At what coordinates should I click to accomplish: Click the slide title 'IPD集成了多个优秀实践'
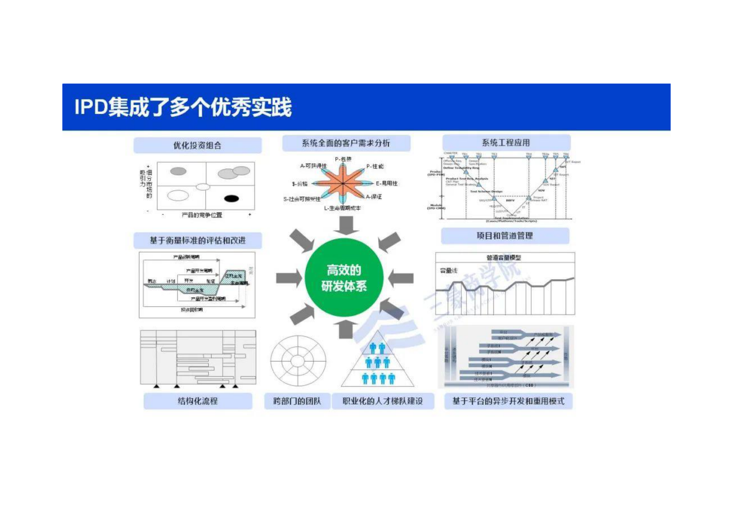click(x=183, y=107)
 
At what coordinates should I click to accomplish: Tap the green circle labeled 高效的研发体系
click(x=344, y=278)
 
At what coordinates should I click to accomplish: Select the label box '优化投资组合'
click(x=197, y=145)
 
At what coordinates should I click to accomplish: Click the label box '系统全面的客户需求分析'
click(x=346, y=143)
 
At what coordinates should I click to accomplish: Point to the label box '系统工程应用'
click(x=506, y=143)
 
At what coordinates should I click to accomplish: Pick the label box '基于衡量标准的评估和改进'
click(x=197, y=241)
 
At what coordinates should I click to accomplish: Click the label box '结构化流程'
click(x=198, y=401)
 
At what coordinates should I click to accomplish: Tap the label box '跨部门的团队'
click(x=297, y=401)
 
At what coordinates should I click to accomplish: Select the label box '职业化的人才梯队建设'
click(x=383, y=401)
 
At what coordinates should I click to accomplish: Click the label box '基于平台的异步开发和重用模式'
click(x=508, y=401)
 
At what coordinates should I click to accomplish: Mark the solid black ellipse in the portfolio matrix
click(x=231, y=199)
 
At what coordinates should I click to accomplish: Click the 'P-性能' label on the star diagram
click(x=375, y=166)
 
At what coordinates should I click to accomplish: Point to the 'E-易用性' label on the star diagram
click(x=386, y=183)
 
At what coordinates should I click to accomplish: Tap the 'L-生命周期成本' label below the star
click(x=342, y=208)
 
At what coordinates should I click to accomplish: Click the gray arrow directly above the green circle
click(x=346, y=225)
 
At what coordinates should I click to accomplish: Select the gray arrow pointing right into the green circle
click(x=289, y=278)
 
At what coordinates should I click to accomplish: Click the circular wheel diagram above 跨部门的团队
click(x=298, y=361)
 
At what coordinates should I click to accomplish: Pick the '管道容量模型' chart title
click(x=503, y=258)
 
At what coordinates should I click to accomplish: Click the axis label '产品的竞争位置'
click(x=202, y=215)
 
